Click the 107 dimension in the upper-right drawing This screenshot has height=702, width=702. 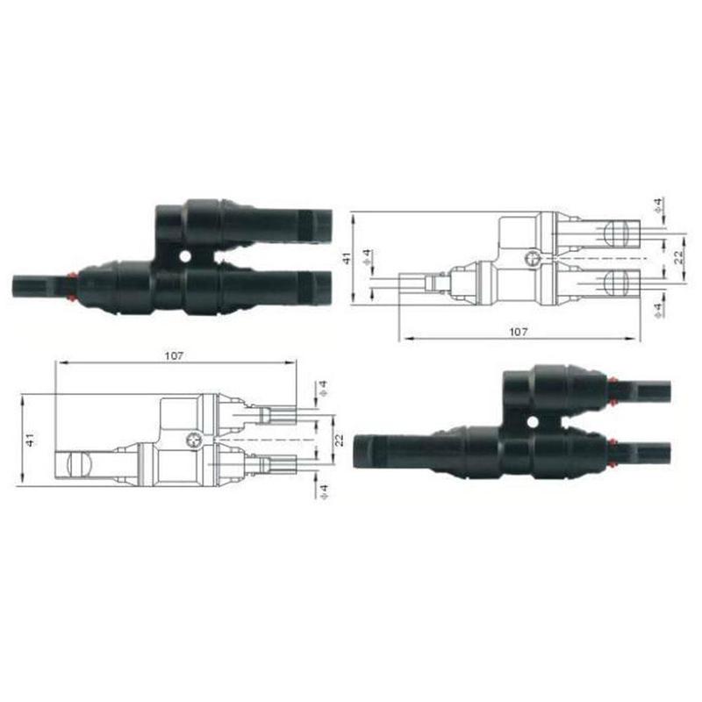pos(518,332)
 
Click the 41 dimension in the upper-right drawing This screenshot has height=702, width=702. pos(347,258)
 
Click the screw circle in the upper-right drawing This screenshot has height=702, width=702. pos(530,258)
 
